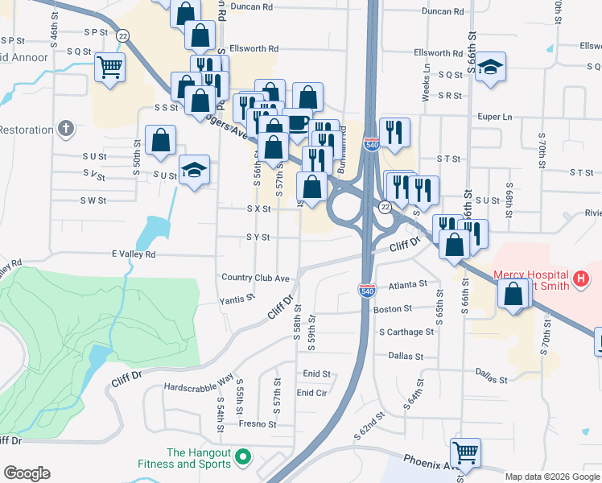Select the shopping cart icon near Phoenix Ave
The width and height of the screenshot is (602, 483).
coord(465,454)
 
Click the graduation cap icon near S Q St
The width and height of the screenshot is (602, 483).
coord(490,68)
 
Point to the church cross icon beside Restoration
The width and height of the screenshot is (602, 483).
coord(66,129)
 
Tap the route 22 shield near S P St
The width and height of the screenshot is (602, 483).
coord(122,35)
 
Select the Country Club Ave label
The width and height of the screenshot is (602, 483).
coord(254,278)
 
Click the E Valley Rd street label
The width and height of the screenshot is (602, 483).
coord(134,254)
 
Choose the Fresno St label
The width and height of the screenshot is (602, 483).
coord(257,423)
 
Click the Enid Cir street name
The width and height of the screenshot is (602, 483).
coord(312,393)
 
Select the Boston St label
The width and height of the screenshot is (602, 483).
coord(393,308)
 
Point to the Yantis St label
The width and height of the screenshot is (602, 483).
coord(237,299)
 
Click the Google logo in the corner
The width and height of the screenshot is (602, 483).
coord(27,473)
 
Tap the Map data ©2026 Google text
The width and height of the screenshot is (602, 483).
coord(551,477)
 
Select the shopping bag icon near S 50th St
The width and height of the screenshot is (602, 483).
coord(161,140)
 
